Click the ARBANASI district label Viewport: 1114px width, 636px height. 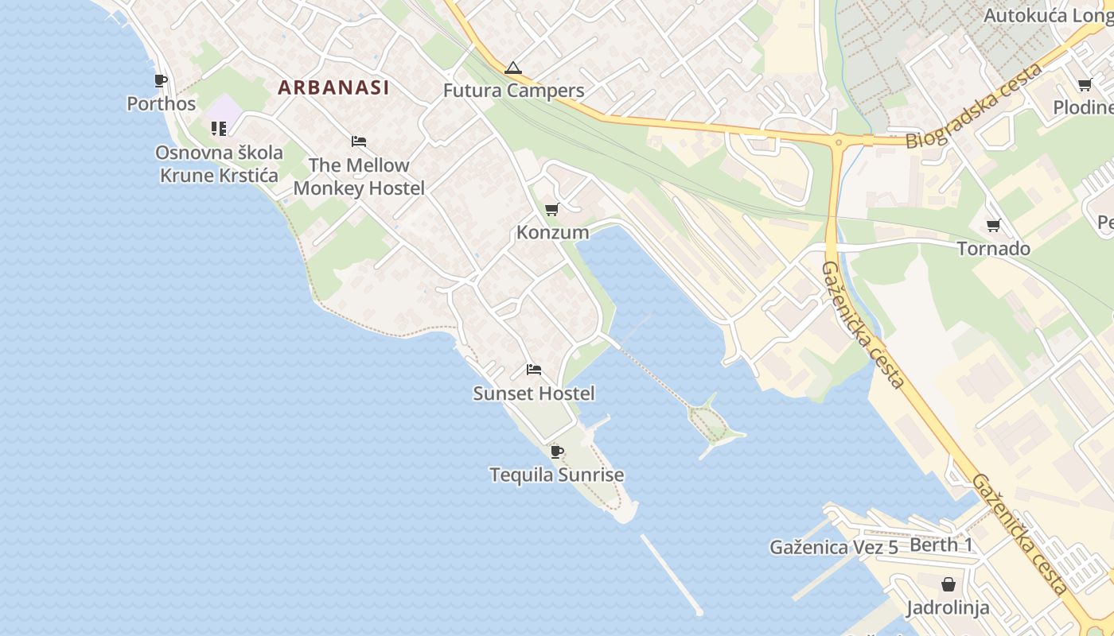coord(333,87)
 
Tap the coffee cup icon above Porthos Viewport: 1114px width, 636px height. coord(161,80)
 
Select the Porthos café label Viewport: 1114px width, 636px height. coord(162,104)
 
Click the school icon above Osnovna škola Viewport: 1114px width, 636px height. coord(219,128)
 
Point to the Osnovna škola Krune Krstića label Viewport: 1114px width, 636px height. coord(220,164)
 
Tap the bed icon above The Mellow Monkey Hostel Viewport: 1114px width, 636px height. coord(359,142)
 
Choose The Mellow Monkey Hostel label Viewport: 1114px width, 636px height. coord(359,176)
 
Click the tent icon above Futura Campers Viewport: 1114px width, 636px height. coord(513,68)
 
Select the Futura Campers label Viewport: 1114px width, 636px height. coord(513,91)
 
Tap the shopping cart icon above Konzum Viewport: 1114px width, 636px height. coord(552,209)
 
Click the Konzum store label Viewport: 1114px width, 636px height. coord(553,232)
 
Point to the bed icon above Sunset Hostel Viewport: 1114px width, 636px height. coord(534,370)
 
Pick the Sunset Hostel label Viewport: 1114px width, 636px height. coord(534,393)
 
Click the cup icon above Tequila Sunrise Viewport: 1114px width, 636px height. coord(557,452)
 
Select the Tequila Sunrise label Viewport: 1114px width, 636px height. coord(557,475)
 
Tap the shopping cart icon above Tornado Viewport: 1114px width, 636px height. coord(993,226)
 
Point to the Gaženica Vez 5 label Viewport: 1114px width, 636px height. coord(834,547)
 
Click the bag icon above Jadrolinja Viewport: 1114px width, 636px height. coord(948,584)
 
